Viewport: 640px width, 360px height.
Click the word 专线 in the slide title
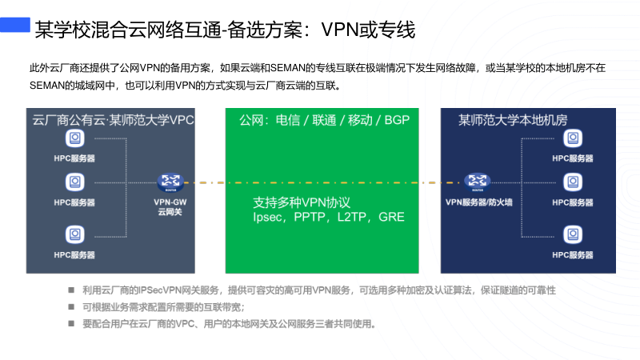point(397,31)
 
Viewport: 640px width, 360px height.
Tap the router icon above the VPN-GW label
point(170,183)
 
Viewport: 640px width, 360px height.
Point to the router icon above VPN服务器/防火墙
point(478,182)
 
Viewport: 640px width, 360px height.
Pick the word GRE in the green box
point(391,217)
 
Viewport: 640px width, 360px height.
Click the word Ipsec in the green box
point(269,217)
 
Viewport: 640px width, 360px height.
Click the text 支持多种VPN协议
point(302,202)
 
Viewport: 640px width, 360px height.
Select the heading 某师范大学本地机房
point(513,121)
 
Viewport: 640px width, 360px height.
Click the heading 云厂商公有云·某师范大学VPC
point(112,121)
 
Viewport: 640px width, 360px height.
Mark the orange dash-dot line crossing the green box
point(320,183)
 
